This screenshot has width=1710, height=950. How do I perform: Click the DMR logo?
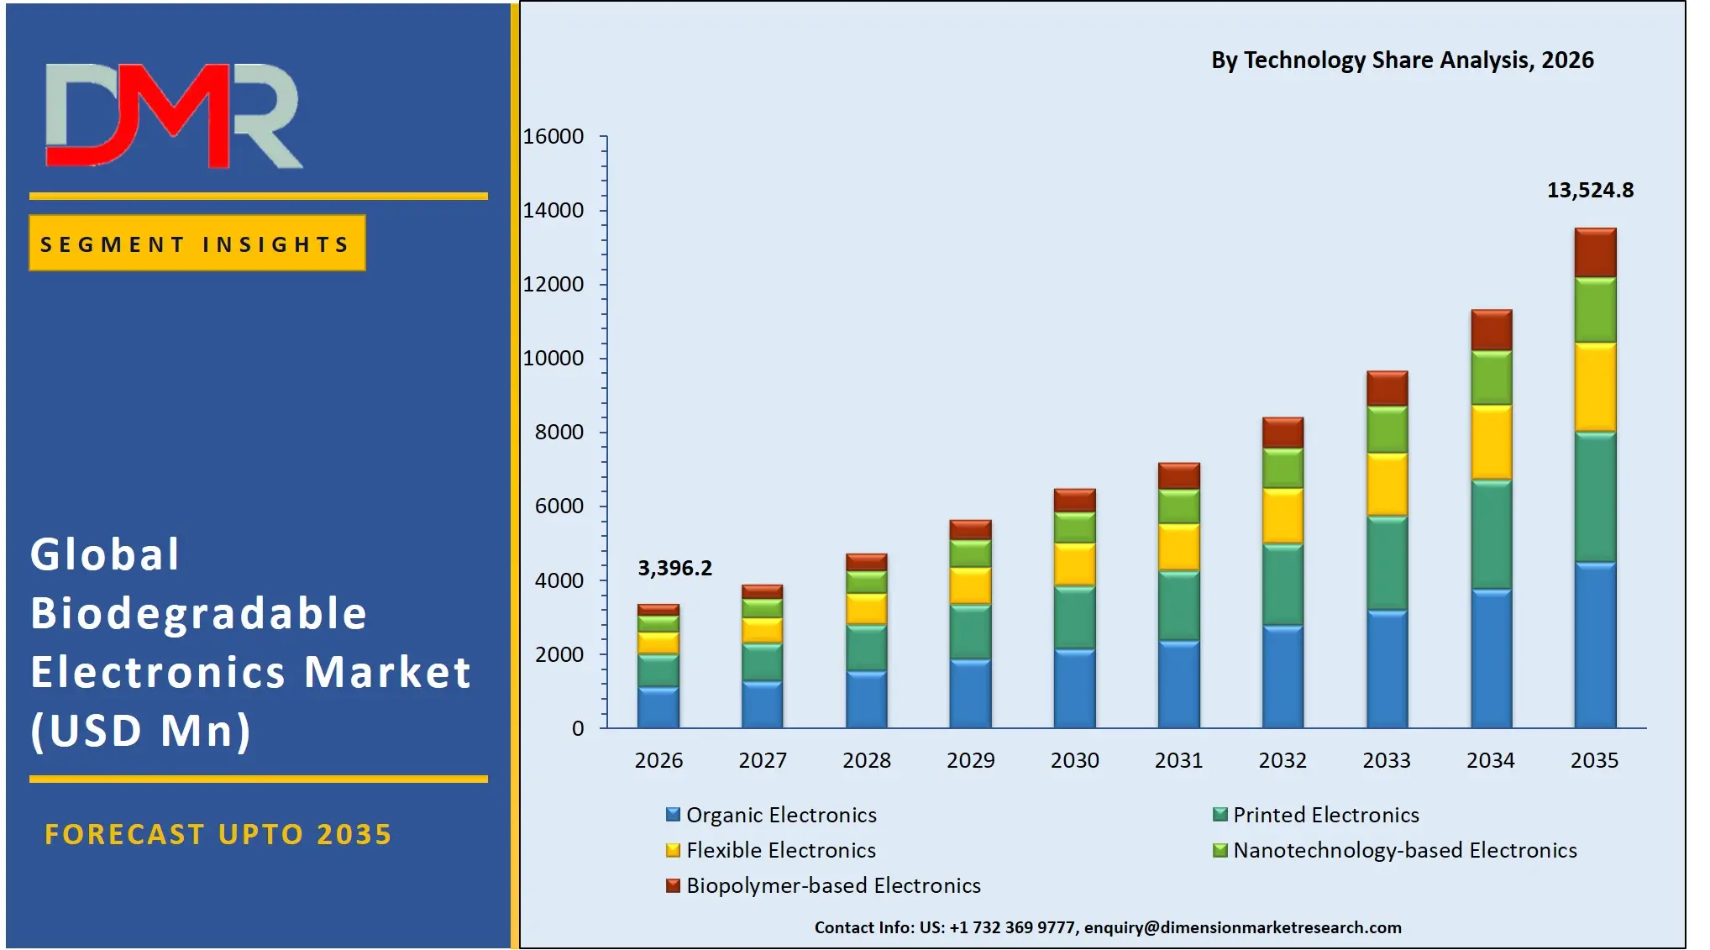tap(173, 116)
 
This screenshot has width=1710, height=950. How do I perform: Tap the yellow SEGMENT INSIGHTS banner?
tap(197, 244)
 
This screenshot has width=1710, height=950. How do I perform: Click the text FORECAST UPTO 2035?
tap(218, 834)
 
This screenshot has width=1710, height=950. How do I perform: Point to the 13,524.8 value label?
tap(1590, 191)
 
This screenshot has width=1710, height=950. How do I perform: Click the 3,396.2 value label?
tap(674, 569)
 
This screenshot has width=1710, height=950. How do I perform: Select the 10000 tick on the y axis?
tap(553, 359)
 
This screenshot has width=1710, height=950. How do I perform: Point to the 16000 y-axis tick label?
tap(553, 137)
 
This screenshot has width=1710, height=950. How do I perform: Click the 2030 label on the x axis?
tap(1074, 760)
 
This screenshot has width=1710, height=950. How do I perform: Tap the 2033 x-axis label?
tap(1386, 760)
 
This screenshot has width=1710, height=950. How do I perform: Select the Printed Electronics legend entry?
tap(1324, 815)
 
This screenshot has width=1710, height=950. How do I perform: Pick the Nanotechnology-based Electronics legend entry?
tap(1403, 850)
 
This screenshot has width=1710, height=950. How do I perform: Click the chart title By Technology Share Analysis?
tap(1402, 60)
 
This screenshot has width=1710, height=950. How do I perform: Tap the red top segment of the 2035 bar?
tap(1594, 253)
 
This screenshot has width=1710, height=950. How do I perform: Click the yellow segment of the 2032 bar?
tap(1282, 516)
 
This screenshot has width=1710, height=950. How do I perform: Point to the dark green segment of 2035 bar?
tap(1594, 496)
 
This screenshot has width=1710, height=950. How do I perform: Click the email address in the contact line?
tap(1242, 927)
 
